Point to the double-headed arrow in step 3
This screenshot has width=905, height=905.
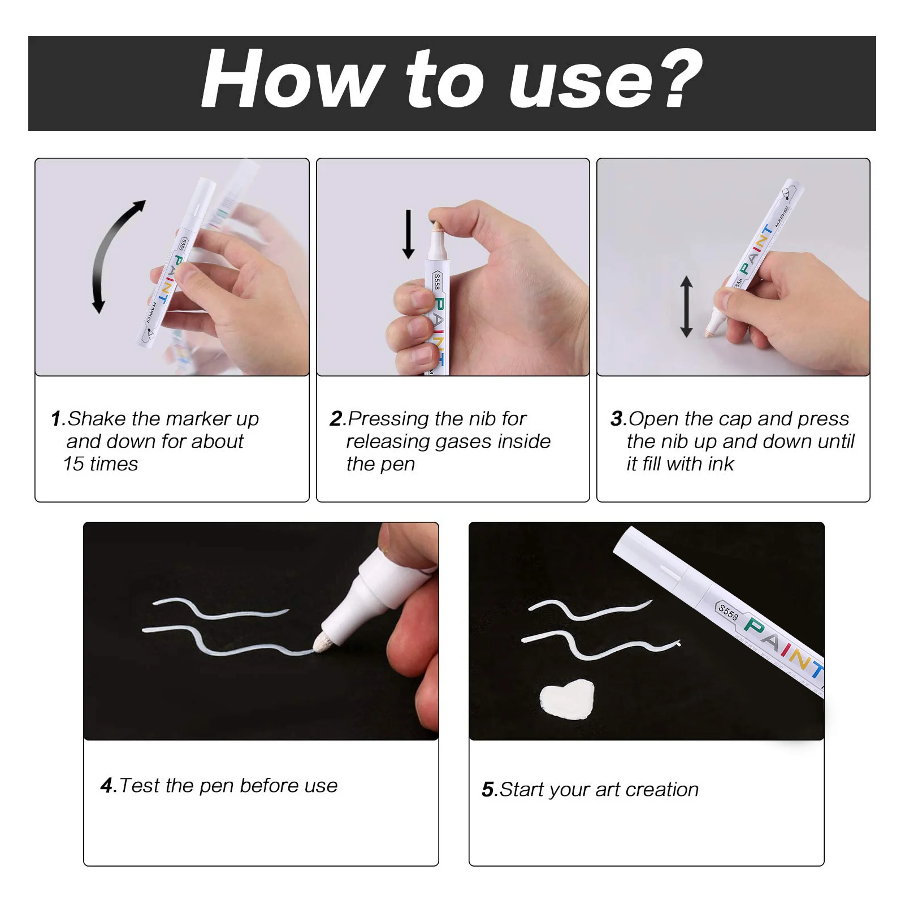point(686,306)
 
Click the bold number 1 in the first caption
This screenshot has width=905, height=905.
point(56,419)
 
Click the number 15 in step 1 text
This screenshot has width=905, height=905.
point(73,464)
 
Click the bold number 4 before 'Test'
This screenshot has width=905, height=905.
point(107,786)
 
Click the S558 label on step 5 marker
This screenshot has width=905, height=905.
point(728,612)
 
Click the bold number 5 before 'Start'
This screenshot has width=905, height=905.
point(488,790)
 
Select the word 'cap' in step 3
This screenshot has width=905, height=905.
point(735,419)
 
